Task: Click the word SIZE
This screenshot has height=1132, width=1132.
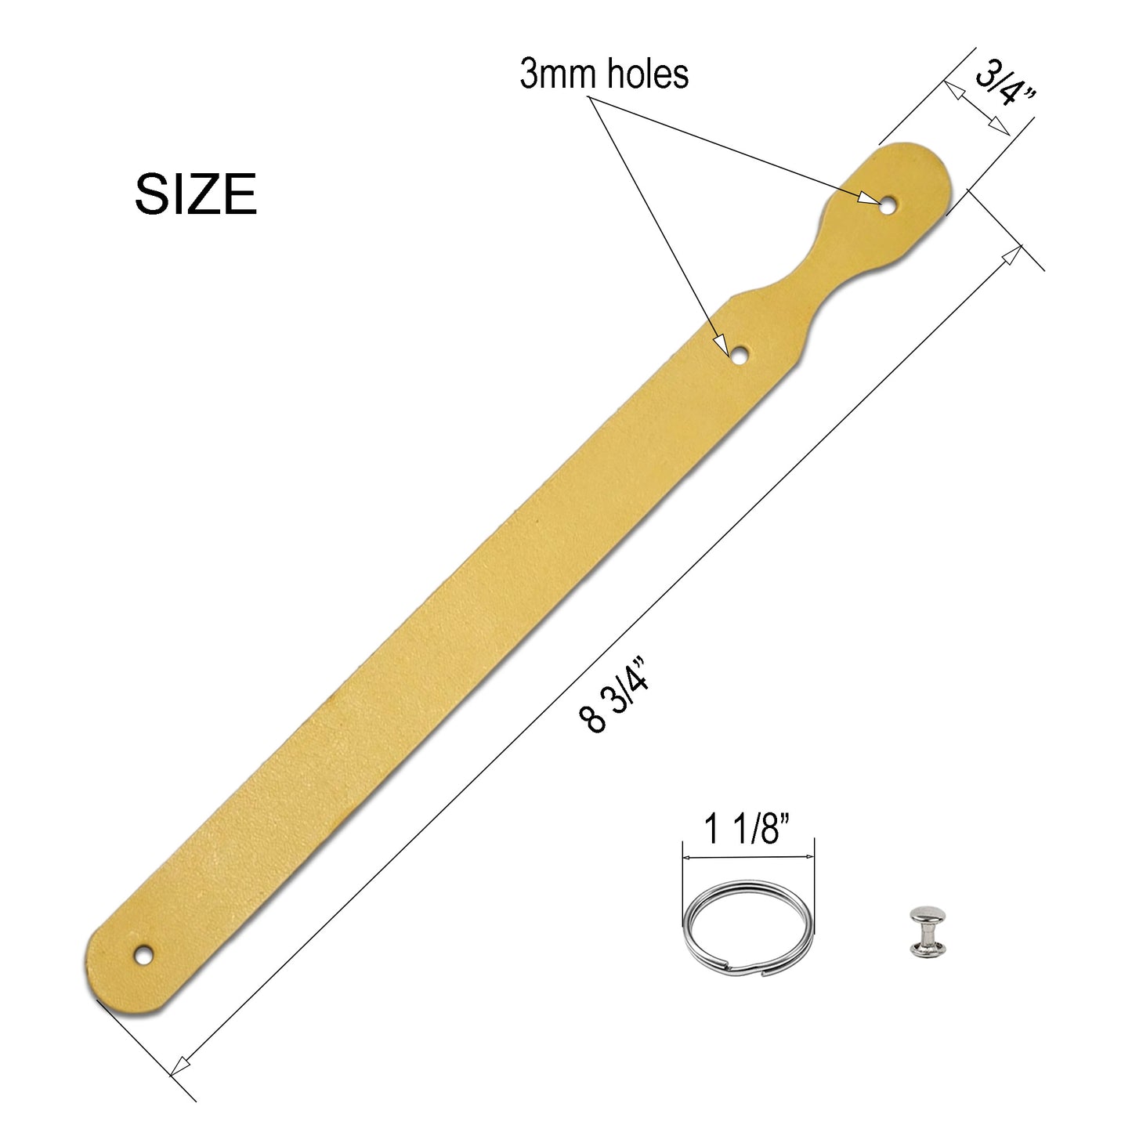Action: (196, 193)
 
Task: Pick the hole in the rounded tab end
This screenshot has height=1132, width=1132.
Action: (887, 206)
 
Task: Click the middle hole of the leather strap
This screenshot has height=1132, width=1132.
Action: (739, 356)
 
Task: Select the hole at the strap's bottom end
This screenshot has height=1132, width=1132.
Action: (142, 954)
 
